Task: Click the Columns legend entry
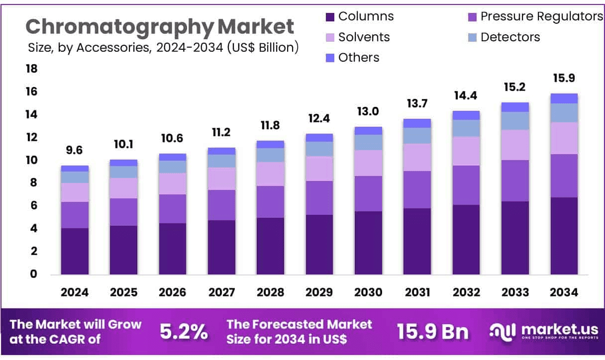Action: pyautogui.click(x=359, y=16)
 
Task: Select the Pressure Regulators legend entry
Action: pyautogui.click(x=535, y=16)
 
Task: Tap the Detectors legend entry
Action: pyautogui.click(x=504, y=37)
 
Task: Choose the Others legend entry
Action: pyautogui.click(x=353, y=58)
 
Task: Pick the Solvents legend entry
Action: pyautogui.click(x=358, y=37)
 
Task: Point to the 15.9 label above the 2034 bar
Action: pyautogui.click(x=564, y=79)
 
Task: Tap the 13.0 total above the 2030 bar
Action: pyautogui.click(x=368, y=112)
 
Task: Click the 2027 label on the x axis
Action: pyautogui.click(x=221, y=292)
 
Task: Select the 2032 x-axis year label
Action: pyautogui.click(x=466, y=292)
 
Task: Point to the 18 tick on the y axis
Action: pyautogui.click(x=31, y=69)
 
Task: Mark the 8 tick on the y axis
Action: pyautogui.click(x=33, y=183)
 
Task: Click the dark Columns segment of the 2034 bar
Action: pyautogui.click(x=564, y=236)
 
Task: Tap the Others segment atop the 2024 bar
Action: pyautogui.click(x=75, y=169)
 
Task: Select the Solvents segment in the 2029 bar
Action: pyautogui.click(x=319, y=169)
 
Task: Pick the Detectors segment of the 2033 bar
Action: pyautogui.click(x=515, y=121)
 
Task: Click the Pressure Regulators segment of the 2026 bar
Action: pyautogui.click(x=173, y=209)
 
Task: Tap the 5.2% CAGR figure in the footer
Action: pyautogui.click(x=184, y=332)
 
